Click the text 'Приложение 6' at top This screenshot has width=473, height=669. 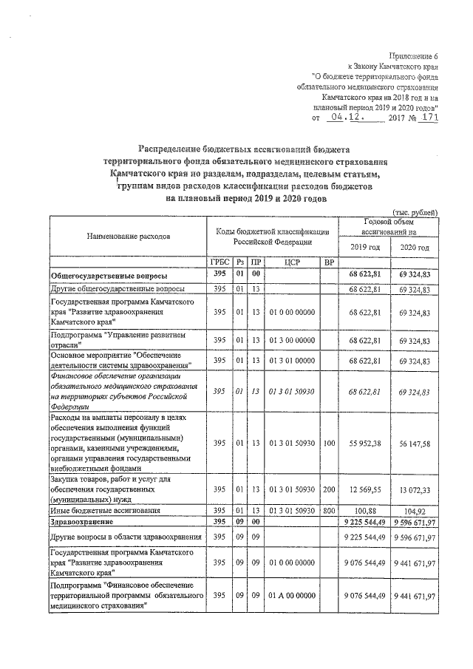pyautogui.click(x=414, y=56)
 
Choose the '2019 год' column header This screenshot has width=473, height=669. pyautogui.click(x=364, y=246)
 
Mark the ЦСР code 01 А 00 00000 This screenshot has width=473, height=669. pyautogui.click(x=289, y=595)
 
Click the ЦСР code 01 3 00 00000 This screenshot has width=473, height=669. pyautogui.click(x=289, y=339)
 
